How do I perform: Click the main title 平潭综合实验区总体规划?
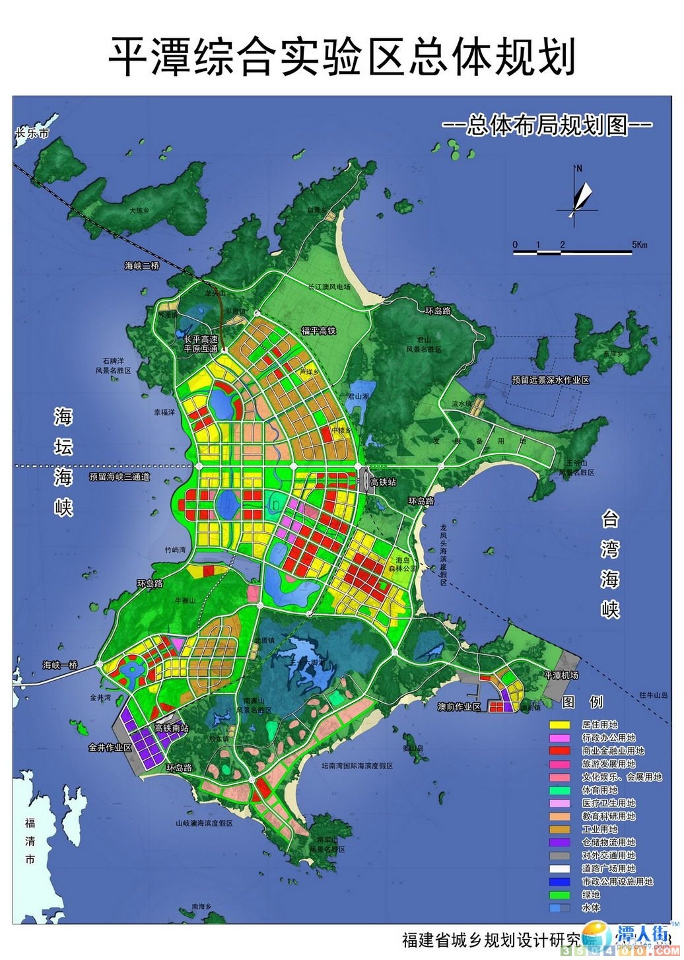341,56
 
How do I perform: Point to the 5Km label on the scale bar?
639,245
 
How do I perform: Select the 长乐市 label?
32,133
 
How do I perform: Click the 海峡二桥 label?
142,266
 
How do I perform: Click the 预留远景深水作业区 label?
550,380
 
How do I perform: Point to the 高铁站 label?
384,483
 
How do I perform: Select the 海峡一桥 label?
61,665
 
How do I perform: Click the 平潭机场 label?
561,675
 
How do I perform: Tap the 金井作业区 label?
110,748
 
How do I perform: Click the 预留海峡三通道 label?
121,476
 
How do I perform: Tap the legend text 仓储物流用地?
609,842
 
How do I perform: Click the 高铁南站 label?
172,728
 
